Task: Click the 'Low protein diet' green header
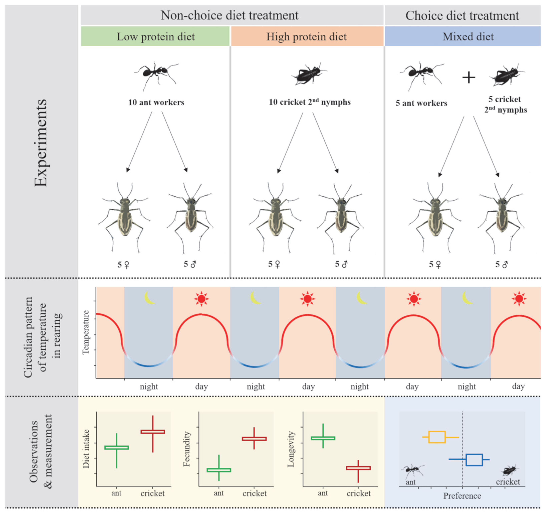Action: point(156,36)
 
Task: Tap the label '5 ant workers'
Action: point(421,103)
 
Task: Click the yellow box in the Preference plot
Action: point(437,437)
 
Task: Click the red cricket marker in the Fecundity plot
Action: point(254,439)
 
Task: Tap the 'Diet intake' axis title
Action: point(86,449)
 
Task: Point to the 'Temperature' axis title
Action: point(86,332)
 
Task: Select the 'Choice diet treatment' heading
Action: point(462,16)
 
